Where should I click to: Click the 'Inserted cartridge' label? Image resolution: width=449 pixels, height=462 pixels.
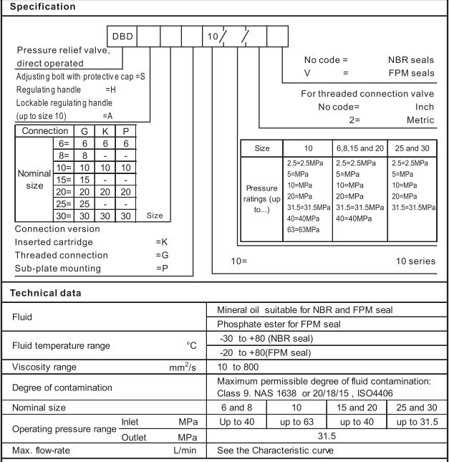pos(55,242)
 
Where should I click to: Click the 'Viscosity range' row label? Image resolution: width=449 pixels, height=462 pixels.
pos(43,365)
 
